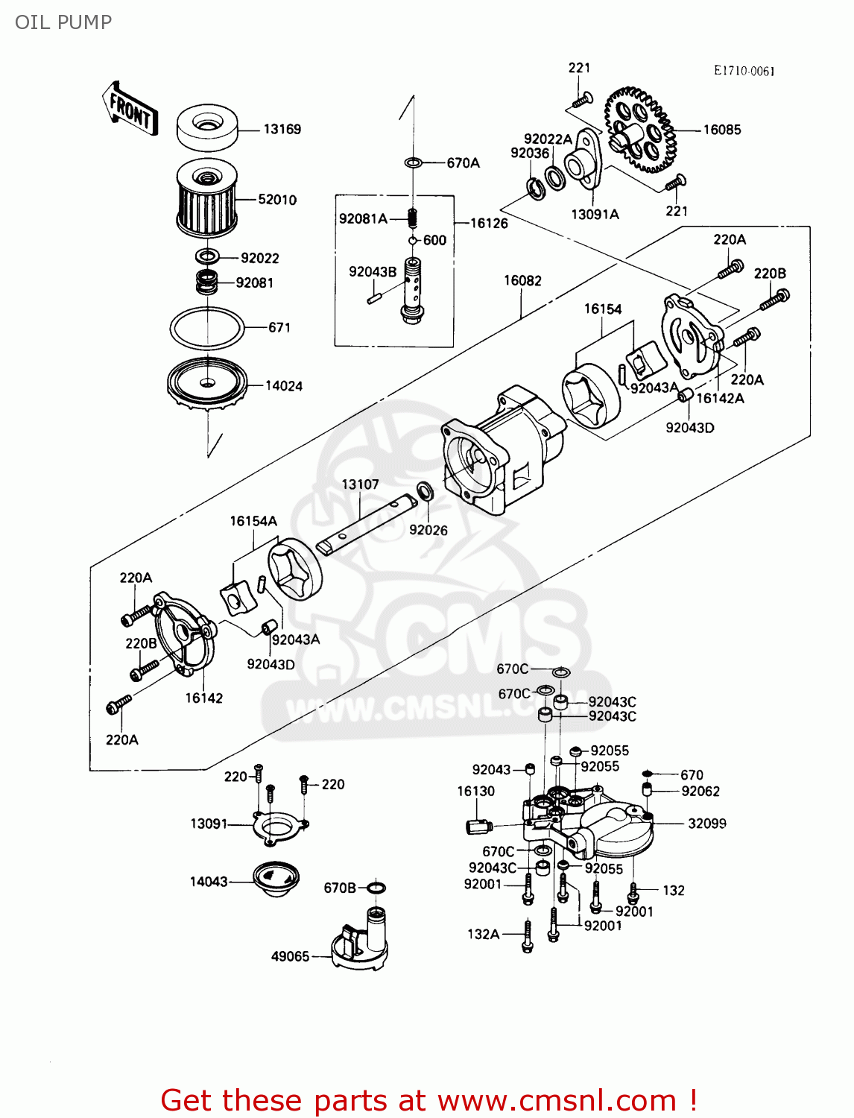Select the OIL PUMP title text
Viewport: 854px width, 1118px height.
pos(63,22)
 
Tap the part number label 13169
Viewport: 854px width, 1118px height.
pos(282,129)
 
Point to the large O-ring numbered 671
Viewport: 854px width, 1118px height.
pos(207,327)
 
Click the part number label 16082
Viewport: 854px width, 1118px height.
pos(522,280)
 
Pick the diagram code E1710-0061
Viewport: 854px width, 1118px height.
pos(744,71)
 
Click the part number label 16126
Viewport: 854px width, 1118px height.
pos(489,223)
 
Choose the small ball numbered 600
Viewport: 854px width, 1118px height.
pos(412,240)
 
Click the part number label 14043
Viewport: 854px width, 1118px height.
pos(209,882)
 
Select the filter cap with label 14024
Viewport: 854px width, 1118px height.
pos(206,382)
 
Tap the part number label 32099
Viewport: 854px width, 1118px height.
pos(706,824)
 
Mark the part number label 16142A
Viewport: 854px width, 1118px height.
pos(720,398)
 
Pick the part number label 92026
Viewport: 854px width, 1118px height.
pos(428,530)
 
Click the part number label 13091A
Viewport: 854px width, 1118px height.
pos(595,215)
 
